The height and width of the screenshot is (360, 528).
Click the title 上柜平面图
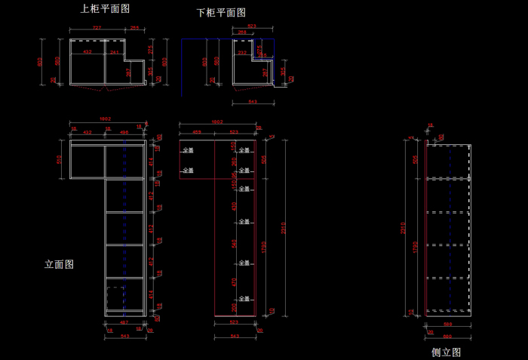[105, 9]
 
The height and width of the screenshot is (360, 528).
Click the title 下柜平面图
[220, 13]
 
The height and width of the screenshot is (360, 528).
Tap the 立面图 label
[59, 265]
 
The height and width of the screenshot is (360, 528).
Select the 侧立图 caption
[445, 352]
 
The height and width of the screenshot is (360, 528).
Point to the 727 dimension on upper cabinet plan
[97, 28]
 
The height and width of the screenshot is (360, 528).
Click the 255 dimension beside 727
[134, 28]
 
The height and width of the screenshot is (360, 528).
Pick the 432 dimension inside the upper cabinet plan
[87, 52]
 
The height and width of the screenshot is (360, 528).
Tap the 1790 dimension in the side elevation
[415, 245]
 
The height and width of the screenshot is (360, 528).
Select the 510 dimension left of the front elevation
[60, 159]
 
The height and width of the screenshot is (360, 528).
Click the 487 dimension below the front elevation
[124, 323]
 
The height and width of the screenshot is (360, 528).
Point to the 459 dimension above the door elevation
[196, 132]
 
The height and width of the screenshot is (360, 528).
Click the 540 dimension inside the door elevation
[235, 242]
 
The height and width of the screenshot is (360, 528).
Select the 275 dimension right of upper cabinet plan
[152, 49]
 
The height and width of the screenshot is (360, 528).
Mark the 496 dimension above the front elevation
[125, 132]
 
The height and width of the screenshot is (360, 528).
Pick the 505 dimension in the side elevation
[415, 159]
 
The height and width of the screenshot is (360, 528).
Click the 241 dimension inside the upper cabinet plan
[114, 52]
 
